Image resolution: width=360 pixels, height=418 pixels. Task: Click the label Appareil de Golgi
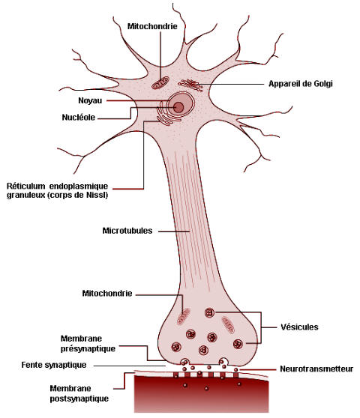tap(301, 84)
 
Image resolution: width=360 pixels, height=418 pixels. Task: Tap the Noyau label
tap(90, 101)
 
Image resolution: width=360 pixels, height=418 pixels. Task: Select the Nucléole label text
tap(79, 118)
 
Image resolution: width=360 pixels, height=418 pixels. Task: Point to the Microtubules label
tap(127, 231)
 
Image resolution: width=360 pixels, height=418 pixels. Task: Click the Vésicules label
tap(299, 327)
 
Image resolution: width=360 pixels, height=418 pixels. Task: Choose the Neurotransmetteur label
tap(316, 369)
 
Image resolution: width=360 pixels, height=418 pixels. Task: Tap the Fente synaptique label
tap(54, 365)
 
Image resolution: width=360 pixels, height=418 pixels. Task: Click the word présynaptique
tap(88, 349)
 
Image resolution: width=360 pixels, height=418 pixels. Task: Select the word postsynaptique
tap(79, 399)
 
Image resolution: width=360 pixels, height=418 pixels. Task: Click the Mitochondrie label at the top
tap(152, 26)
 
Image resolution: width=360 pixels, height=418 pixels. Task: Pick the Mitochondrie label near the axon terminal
tap(107, 294)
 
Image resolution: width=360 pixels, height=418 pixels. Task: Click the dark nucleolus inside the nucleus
tap(178, 108)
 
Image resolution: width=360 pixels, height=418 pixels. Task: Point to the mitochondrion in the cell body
tap(160, 83)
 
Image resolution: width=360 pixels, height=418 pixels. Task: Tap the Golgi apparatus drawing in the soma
tap(190, 85)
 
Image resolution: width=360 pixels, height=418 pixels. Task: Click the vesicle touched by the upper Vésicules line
tap(210, 312)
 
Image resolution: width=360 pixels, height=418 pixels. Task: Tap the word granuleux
tap(25, 196)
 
